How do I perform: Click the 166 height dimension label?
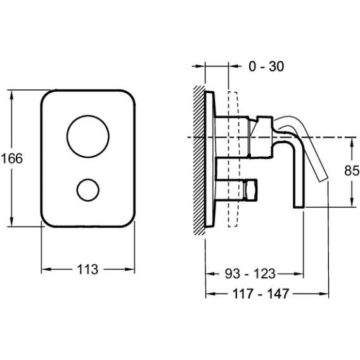point(12,158)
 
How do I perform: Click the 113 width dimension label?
point(87,269)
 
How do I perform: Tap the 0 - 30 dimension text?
point(266,67)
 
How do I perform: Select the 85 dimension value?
point(352,170)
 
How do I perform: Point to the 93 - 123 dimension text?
point(250,274)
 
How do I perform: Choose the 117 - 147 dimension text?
point(260,293)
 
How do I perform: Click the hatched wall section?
point(199,160)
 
